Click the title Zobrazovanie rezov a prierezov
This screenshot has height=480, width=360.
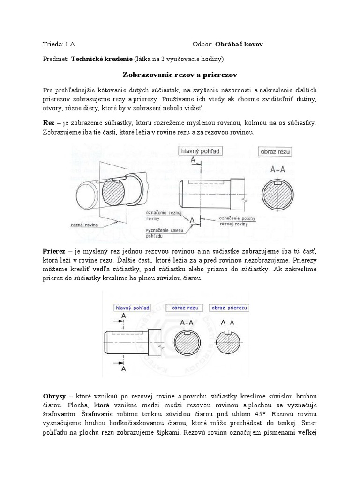click(x=180, y=74)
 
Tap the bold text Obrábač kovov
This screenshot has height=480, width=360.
click(x=239, y=45)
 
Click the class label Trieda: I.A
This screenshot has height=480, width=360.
click(x=59, y=45)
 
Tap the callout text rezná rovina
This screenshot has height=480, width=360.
click(x=84, y=225)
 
